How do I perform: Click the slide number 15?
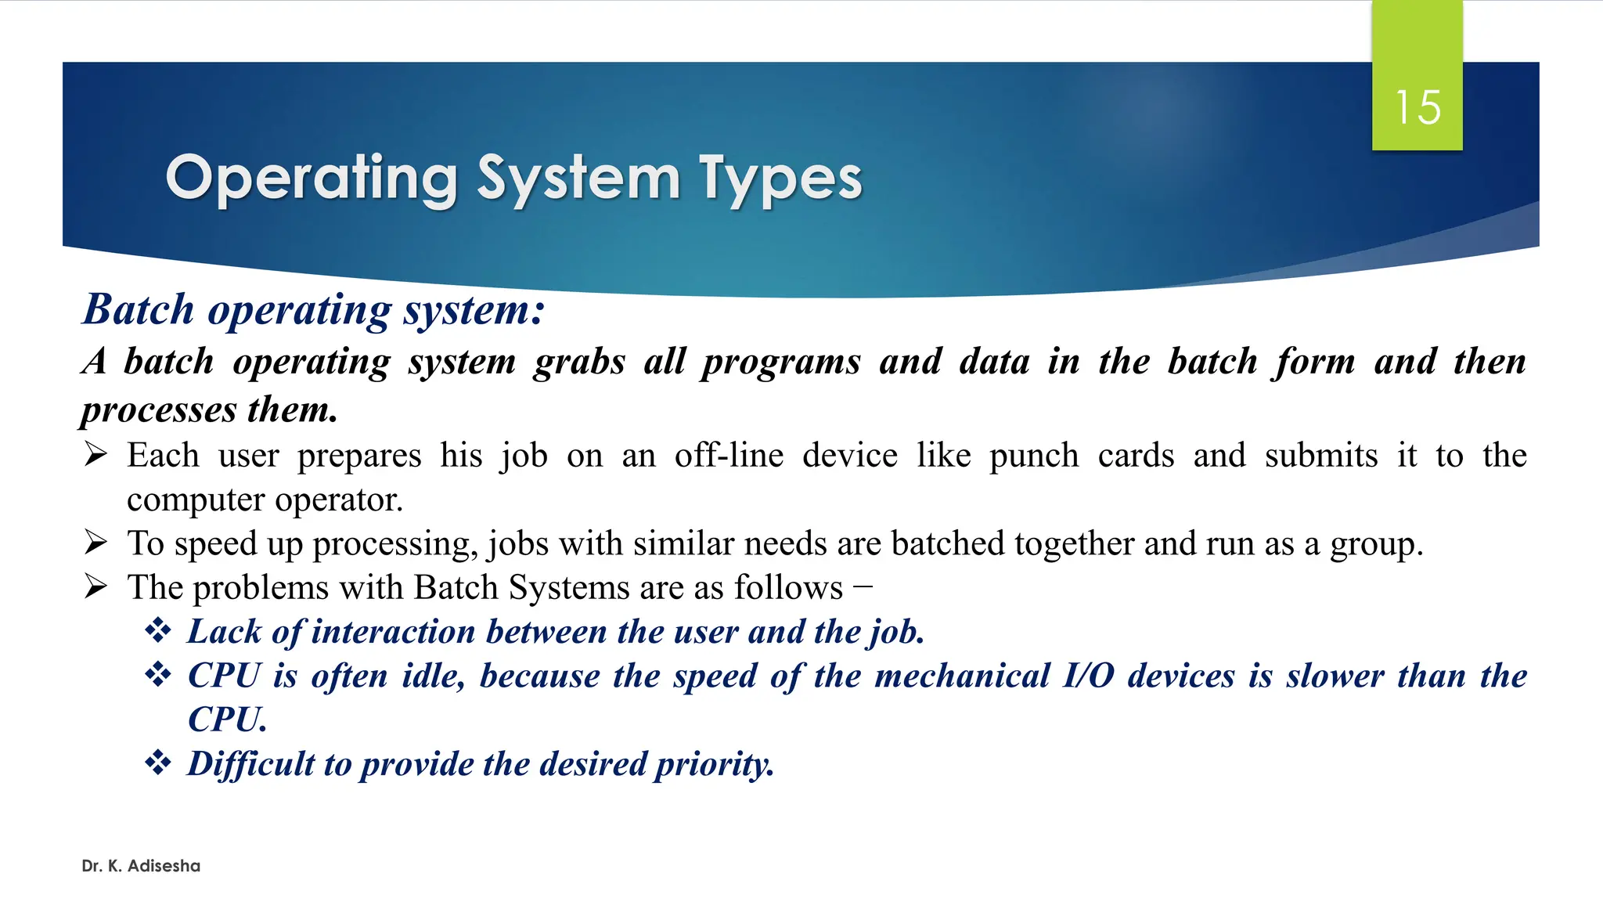[1417, 107]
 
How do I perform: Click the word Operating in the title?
[312, 179]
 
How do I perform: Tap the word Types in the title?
[780, 179]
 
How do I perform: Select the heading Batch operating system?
[313, 310]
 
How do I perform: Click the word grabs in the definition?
[579, 362]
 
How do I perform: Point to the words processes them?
[210, 410]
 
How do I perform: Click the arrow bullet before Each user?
[95, 454]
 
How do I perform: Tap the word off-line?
[729, 456]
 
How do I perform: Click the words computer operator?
[265, 500]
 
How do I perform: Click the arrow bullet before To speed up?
[95, 542]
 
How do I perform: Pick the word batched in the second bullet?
[947, 543]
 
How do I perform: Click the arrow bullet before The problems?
[95, 586]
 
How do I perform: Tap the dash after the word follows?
[863, 586]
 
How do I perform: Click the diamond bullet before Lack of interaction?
[158, 630]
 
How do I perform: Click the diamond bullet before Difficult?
[158, 762]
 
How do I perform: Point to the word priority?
[714, 764]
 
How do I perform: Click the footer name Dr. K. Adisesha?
[141, 866]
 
